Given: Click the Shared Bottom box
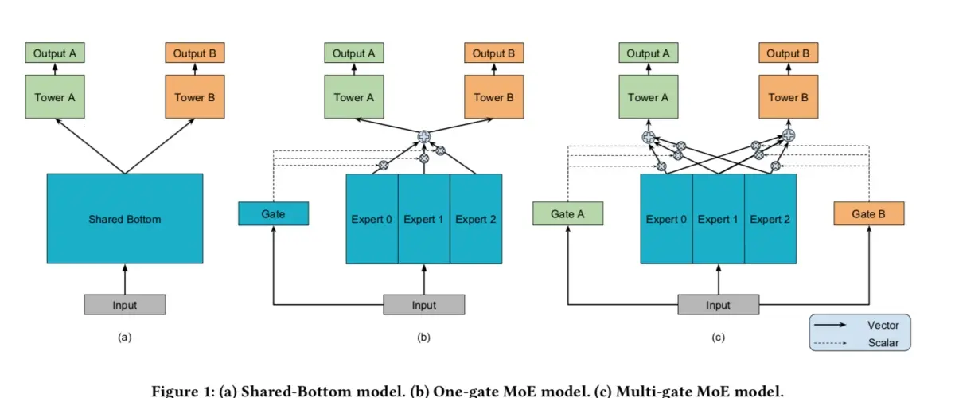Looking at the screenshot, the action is point(125,218).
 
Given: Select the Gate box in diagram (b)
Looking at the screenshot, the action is point(273,213).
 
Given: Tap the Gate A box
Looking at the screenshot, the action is point(568,213).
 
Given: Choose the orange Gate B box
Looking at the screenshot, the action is point(869,213).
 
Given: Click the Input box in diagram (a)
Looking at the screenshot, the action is point(125,305).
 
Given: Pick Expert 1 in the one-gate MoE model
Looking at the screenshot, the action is point(423,219).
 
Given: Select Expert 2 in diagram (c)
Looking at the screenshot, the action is point(770,219).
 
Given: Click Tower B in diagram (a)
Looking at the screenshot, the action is point(195,97).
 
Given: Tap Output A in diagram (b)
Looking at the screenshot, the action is point(354,53).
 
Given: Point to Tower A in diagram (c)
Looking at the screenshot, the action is point(649,97).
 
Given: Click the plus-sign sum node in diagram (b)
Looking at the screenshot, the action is point(423,136).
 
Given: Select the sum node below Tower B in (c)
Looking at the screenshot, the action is point(789,135).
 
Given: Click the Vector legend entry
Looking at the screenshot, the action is point(861,325).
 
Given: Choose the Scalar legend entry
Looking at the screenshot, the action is point(861,343).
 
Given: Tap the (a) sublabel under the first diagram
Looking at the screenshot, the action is point(125,338).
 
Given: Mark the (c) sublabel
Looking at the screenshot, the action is point(719,338).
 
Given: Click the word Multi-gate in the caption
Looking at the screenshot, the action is point(653,391).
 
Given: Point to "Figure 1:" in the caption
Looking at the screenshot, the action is point(183,391).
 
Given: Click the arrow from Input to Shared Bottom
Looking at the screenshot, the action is point(125,279).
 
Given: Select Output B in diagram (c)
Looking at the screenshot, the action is point(789,53).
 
